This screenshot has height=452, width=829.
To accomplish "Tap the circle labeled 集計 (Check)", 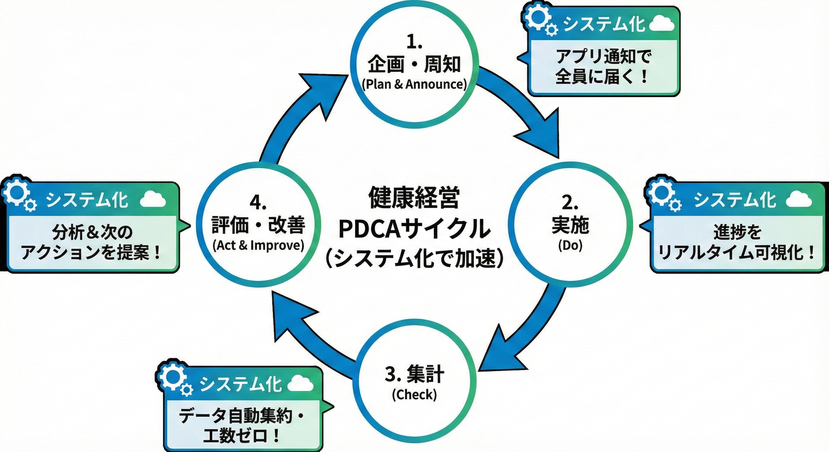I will click(414, 381).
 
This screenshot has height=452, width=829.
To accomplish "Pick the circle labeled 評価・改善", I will click(258, 225).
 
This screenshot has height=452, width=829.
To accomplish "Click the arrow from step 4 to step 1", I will click(303, 113).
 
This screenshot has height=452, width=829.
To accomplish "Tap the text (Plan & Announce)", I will click(414, 84).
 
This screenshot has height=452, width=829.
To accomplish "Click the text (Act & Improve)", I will click(258, 245).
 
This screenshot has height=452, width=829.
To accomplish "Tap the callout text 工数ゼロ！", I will click(242, 436).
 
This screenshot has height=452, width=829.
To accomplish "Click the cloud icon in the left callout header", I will click(153, 200).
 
